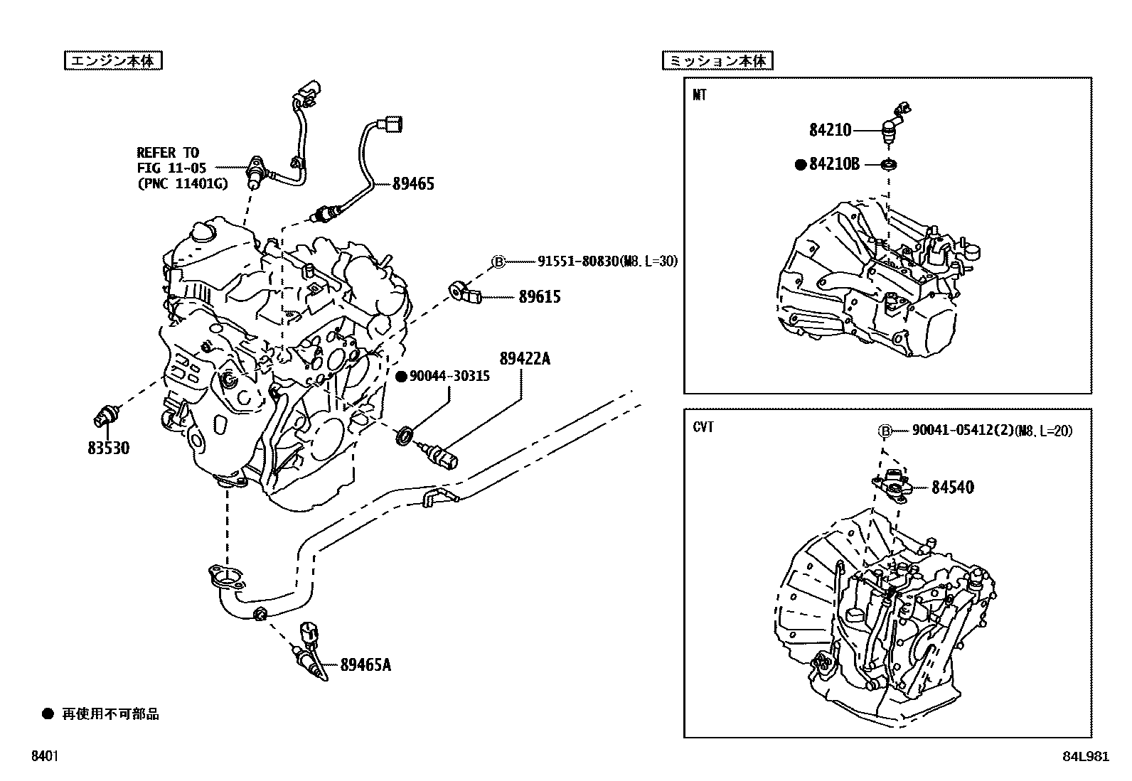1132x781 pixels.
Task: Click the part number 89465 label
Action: (413, 184)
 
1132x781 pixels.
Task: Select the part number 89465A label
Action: (365, 665)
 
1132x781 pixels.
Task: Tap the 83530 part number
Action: (109, 448)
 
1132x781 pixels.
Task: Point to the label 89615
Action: (539, 296)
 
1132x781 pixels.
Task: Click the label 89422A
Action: (525, 359)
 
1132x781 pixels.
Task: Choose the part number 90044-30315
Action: (449, 377)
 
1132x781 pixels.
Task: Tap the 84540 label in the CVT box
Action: (953, 488)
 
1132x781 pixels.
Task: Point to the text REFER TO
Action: (168, 152)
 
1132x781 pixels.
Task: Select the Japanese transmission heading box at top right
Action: (717, 61)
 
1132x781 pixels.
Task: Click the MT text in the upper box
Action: (700, 95)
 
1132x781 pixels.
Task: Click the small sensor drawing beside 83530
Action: (109, 415)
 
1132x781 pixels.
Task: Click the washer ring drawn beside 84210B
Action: (887, 165)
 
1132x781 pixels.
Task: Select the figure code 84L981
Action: (1084, 756)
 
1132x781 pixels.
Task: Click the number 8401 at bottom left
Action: (45, 756)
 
